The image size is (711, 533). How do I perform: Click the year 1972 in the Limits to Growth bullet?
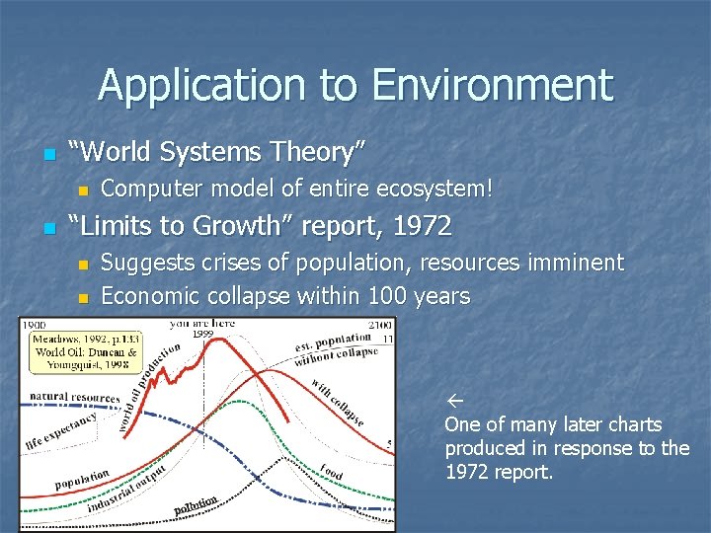point(421,226)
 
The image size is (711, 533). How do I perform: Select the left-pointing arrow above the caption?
point(454,402)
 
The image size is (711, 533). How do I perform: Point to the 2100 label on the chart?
point(379,325)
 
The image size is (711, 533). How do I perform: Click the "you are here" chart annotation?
point(202,324)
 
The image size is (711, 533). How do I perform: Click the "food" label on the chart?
point(332,471)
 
